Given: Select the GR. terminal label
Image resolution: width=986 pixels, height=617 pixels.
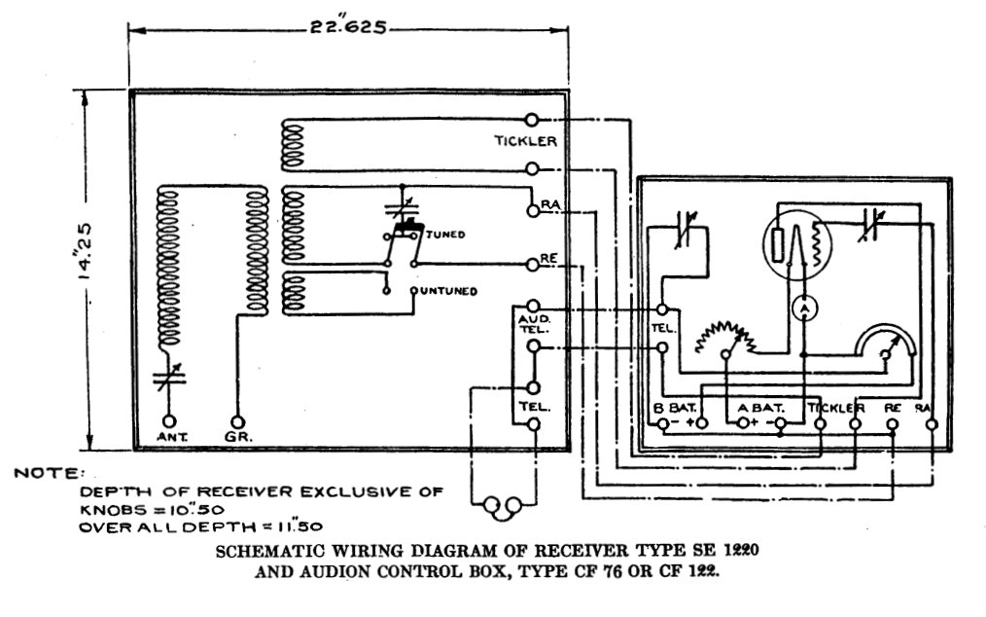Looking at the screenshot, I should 237,437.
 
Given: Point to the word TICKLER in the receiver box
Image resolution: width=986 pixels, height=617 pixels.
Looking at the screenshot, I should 524,141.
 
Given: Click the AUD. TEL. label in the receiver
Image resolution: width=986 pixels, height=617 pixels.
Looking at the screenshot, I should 528,324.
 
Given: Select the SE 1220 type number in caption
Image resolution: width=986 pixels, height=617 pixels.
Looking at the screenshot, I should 725,550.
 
